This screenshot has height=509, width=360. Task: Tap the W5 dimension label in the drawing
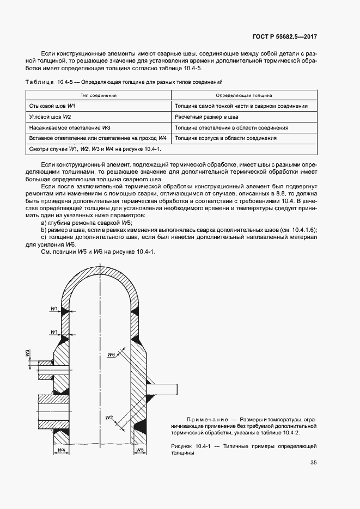tap(140, 450)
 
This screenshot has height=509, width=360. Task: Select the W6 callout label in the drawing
tap(111, 354)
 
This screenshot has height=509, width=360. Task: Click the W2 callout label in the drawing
tap(109, 418)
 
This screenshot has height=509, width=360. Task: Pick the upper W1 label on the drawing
tap(54, 309)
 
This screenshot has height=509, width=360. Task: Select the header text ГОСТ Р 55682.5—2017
tap(285, 38)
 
